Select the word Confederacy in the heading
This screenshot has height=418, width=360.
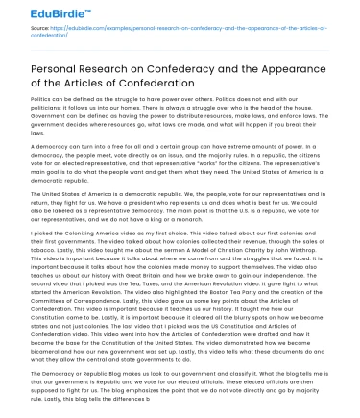pos(173,70)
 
